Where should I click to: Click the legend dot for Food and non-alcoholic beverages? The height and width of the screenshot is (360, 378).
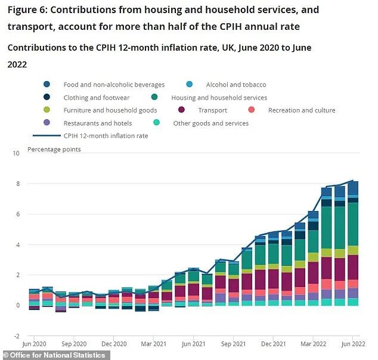point(47,85)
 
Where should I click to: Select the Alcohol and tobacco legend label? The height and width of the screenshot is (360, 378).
point(236,85)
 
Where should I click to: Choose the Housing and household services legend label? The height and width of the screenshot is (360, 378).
point(219,97)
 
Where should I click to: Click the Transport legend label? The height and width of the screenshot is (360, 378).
point(212,110)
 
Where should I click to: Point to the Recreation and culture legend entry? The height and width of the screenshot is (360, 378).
point(301,110)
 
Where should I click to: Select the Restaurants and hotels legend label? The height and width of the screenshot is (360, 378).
point(97,123)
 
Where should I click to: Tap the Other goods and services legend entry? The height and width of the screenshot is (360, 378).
point(210,123)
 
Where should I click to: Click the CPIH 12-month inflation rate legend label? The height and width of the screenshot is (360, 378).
point(106,136)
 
